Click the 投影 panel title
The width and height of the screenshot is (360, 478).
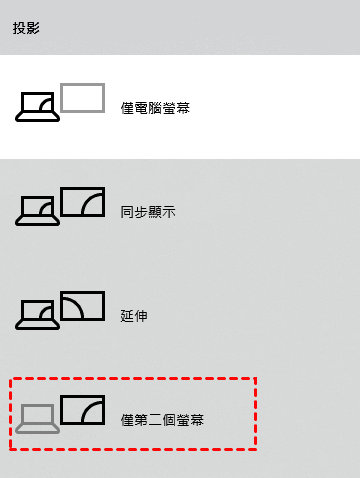(x=26, y=28)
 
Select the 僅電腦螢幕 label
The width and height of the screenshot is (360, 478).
(x=155, y=108)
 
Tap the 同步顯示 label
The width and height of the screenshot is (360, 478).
(x=148, y=212)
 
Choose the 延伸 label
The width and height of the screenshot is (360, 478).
(x=134, y=316)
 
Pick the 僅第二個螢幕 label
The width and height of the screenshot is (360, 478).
(x=162, y=420)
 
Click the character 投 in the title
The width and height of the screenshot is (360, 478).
(x=19, y=28)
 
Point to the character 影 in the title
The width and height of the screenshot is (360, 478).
(x=33, y=28)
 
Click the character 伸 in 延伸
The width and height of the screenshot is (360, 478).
(x=141, y=316)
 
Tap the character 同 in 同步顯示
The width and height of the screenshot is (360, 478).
(x=127, y=212)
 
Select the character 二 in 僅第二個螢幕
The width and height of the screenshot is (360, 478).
(x=155, y=420)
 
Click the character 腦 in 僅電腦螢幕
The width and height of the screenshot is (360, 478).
(x=155, y=108)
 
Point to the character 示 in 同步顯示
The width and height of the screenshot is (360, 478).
(x=169, y=212)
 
